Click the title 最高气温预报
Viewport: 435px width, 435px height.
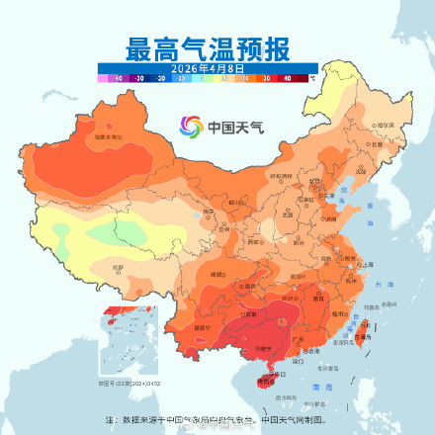point(208,46)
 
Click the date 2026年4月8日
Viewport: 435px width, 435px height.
point(207,66)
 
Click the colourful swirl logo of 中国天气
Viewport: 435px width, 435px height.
point(190,127)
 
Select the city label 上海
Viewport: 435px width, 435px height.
point(367,264)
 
